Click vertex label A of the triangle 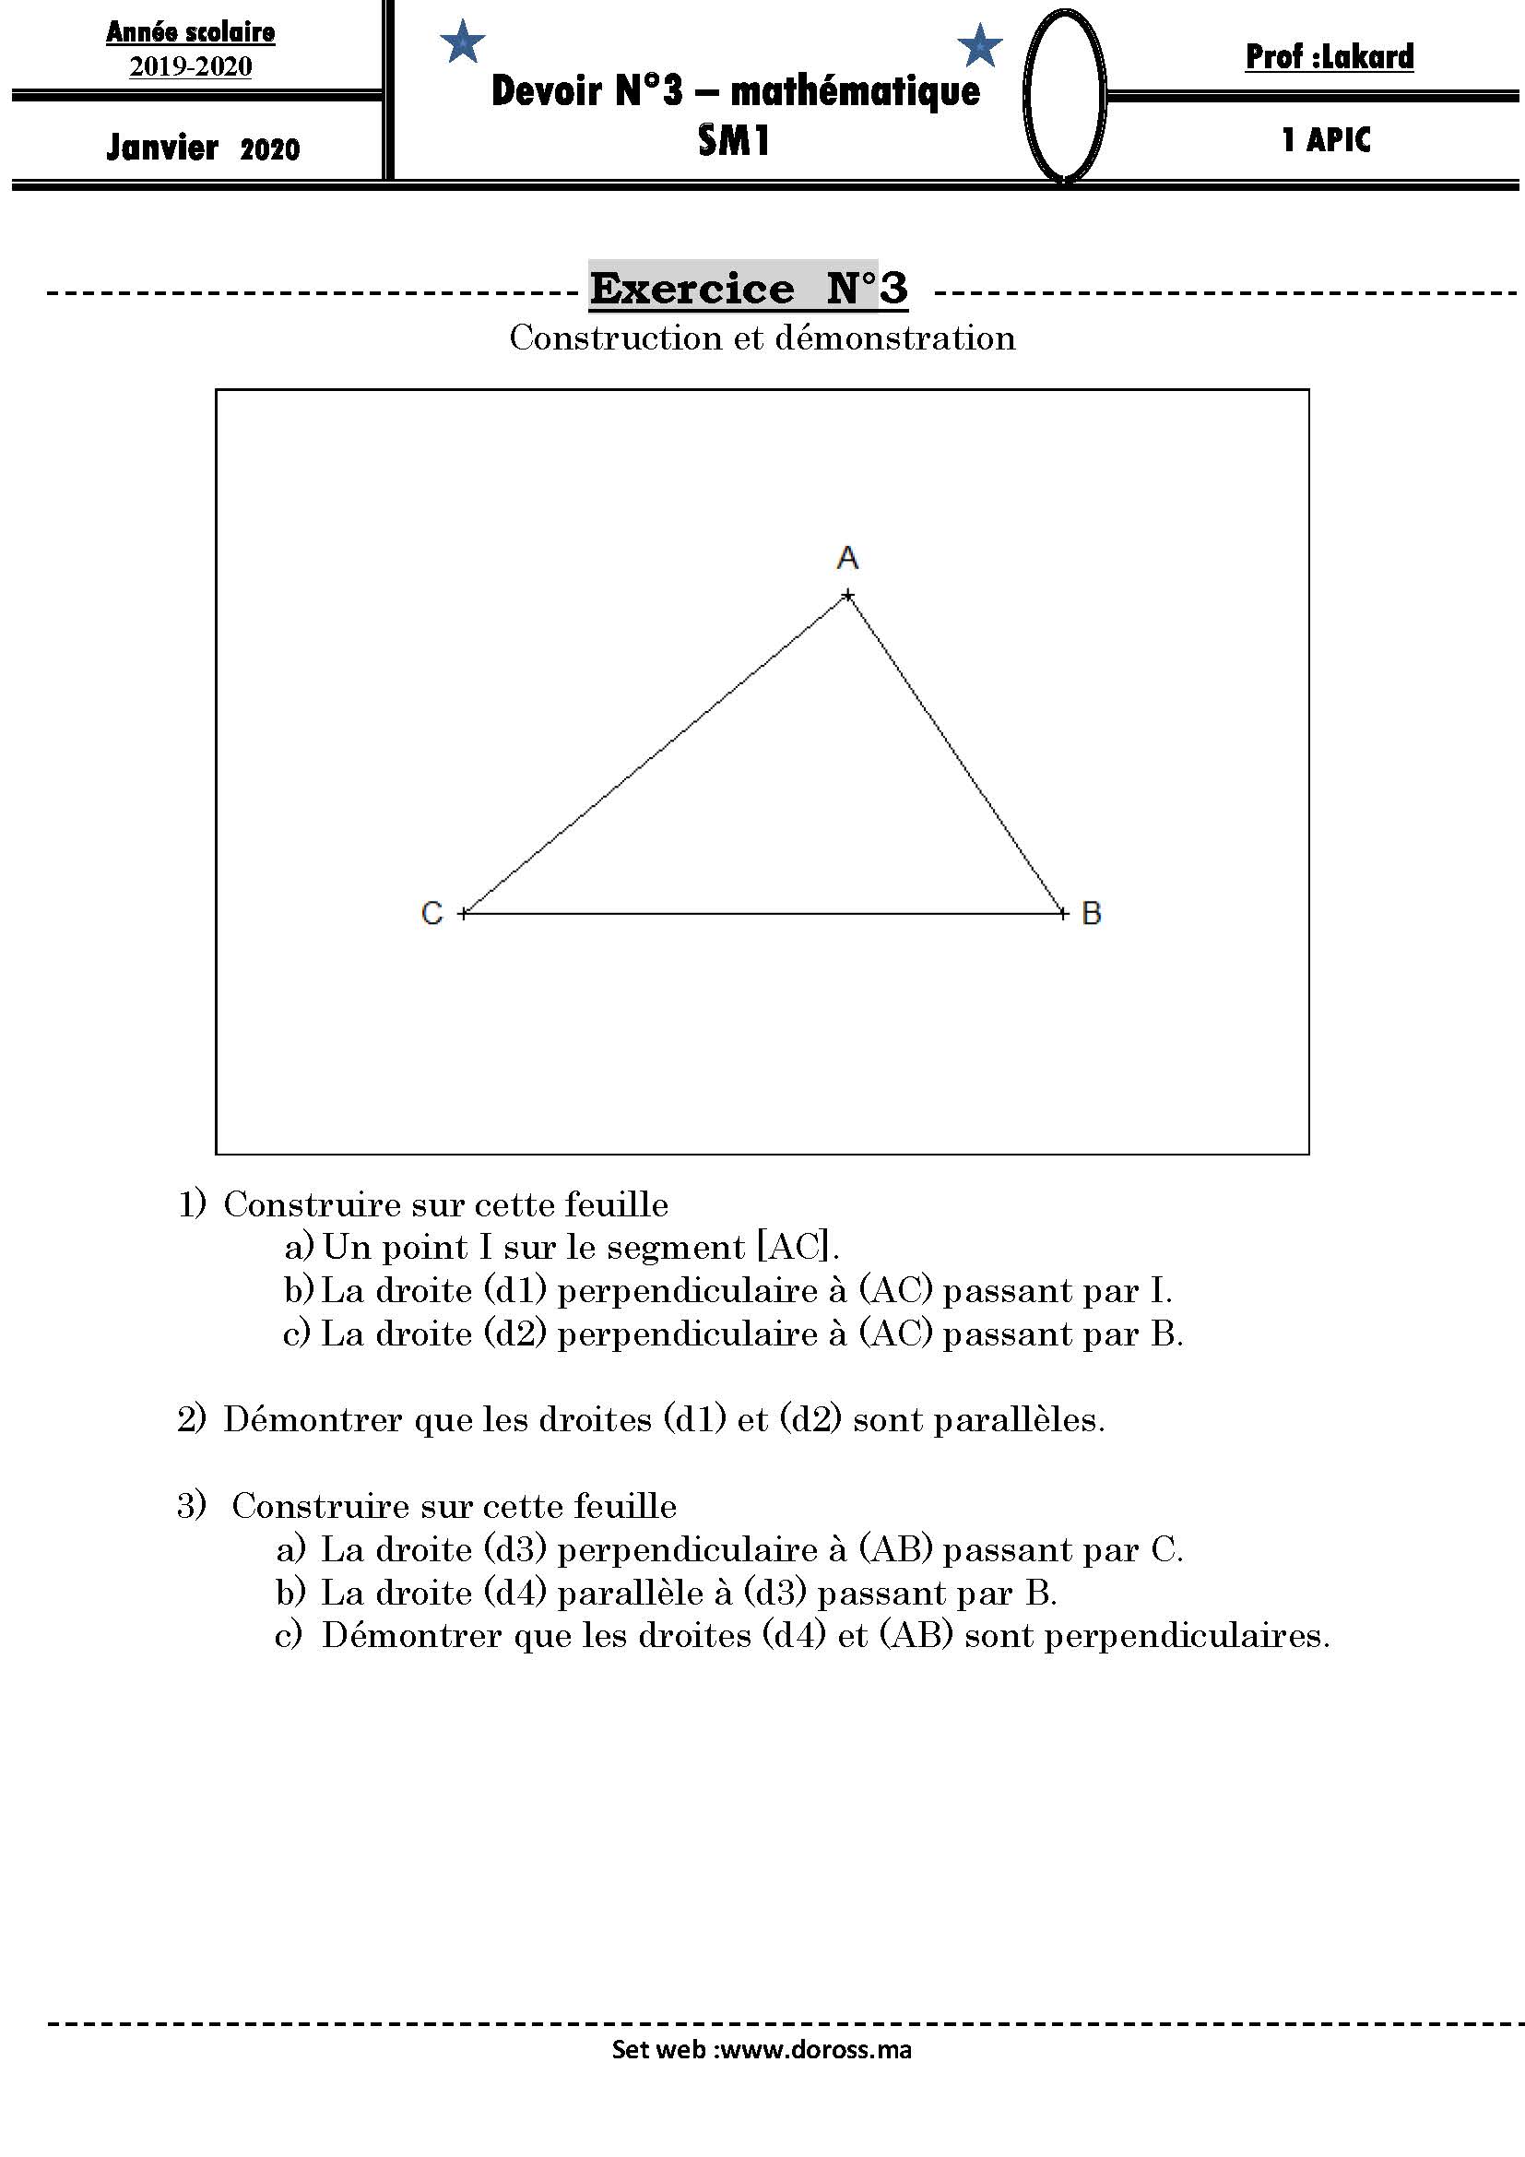pyautogui.click(x=847, y=558)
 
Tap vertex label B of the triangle pyautogui.click(x=1090, y=913)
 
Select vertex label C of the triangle pyautogui.click(x=431, y=913)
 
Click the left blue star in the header pyautogui.click(x=463, y=43)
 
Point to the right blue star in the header pyautogui.click(x=979, y=46)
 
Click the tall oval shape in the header pyautogui.click(x=1063, y=94)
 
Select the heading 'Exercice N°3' pyautogui.click(x=749, y=288)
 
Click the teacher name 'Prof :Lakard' pyautogui.click(x=1329, y=57)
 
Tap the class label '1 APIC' pyautogui.click(x=1326, y=140)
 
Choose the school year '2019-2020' pyautogui.click(x=191, y=66)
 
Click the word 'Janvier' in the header pyautogui.click(x=162, y=148)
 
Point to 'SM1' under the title pyautogui.click(x=733, y=141)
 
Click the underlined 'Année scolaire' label pyautogui.click(x=191, y=32)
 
